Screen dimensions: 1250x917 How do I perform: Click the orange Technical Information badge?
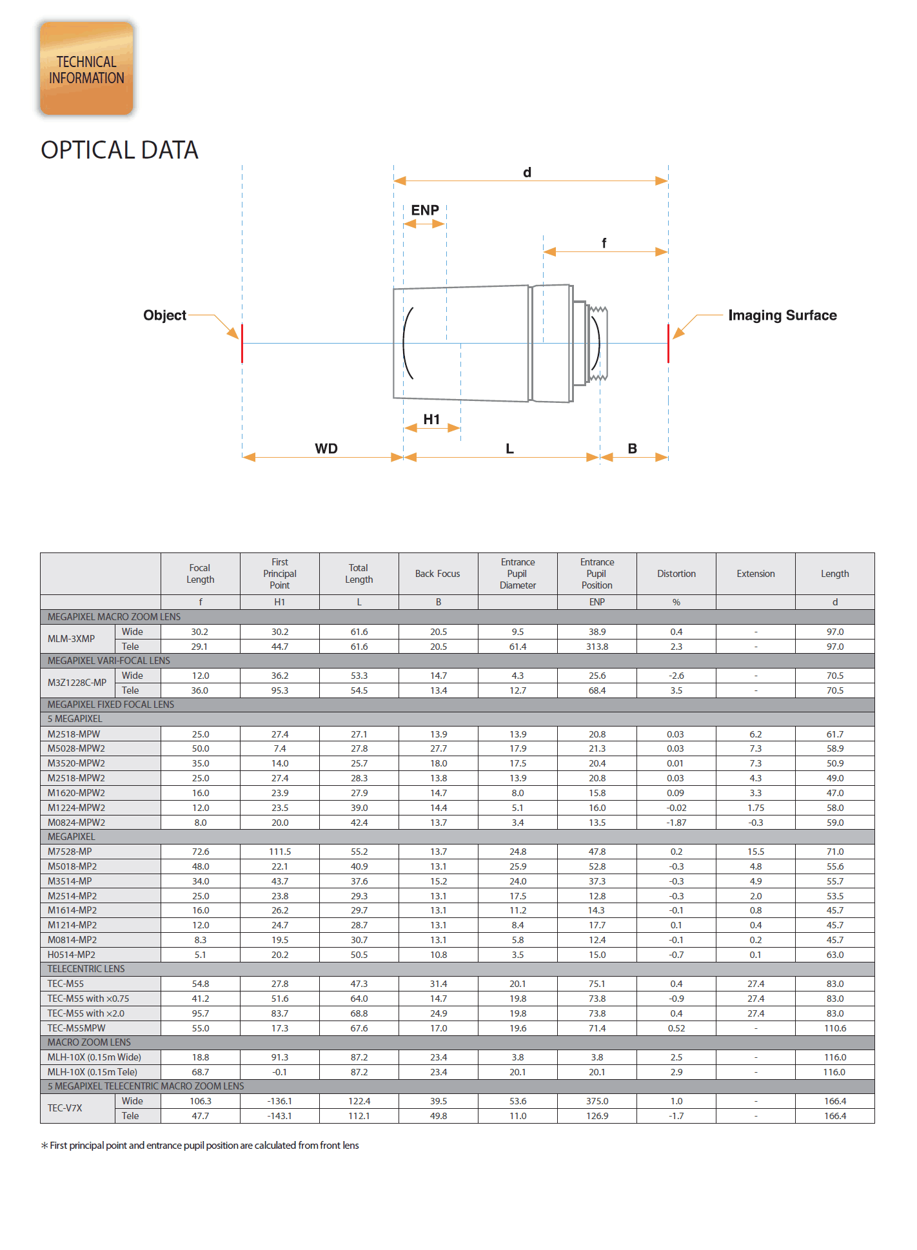(x=86, y=69)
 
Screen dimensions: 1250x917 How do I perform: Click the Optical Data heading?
(x=119, y=150)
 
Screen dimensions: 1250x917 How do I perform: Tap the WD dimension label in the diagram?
(x=326, y=449)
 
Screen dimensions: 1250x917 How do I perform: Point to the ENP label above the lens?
(x=425, y=210)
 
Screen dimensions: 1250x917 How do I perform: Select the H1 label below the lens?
(x=431, y=420)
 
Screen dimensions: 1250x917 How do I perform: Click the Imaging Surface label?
(x=782, y=315)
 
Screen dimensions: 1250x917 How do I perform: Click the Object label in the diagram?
(x=164, y=315)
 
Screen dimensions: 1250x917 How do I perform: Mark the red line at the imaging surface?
(x=668, y=344)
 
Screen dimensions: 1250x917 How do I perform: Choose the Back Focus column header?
(x=438, y=574)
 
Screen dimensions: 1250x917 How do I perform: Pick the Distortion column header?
(x=676, y=574)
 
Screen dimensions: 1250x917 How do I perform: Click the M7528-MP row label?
(x=70, y=852)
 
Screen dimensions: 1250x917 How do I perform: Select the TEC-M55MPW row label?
(x=76, y=1028)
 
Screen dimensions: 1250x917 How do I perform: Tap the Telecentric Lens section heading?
(x=86, y=969)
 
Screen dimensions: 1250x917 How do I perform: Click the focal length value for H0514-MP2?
(x=201, y=955)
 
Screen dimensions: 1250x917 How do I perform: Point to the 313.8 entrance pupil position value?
(x=597, y=647)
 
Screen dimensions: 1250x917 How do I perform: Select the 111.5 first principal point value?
(x=280, y=852)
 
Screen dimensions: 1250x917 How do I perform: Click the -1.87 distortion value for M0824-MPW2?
(x=676, y=823)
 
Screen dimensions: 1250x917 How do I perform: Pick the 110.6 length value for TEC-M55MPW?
(x=835, y=1028)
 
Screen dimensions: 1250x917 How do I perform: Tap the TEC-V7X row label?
(x=65, y=1108)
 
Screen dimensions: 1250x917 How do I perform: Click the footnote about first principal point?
(x=201, y=1146)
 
